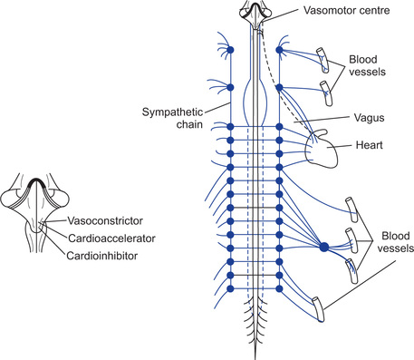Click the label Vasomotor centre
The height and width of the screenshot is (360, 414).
347,10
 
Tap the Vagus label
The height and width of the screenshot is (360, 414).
369,118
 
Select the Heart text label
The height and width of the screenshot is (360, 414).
369,145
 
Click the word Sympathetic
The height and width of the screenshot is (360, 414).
172,112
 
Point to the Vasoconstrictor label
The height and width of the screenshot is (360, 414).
105,221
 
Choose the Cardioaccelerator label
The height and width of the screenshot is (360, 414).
111,238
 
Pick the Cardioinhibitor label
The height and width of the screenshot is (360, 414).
101,256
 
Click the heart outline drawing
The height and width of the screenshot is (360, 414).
321,150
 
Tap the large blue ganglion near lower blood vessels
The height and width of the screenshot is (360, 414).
323,247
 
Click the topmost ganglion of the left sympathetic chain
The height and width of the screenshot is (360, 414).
230,50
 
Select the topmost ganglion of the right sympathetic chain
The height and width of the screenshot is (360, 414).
279,50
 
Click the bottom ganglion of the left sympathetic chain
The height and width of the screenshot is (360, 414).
230,288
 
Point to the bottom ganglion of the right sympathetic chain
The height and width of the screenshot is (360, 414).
279,288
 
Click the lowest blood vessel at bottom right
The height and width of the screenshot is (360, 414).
318,309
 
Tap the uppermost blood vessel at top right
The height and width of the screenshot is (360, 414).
323,60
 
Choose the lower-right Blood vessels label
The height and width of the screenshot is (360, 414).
396,242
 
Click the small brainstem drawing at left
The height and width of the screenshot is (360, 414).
35,212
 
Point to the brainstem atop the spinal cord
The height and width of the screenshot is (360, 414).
255,14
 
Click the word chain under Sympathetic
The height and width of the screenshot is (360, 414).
189,124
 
